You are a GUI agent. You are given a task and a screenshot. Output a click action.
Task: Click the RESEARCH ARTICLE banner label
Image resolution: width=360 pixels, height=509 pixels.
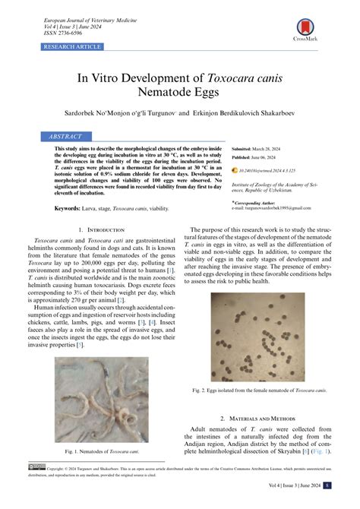tap(72, 47)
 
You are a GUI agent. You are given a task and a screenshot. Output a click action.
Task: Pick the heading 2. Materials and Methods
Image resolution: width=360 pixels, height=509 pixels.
tap(265, 418)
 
